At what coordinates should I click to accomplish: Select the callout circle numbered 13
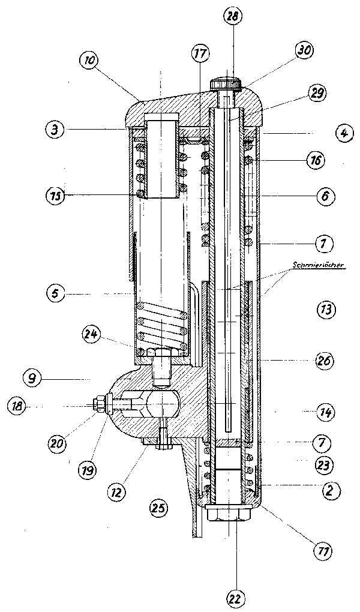326,310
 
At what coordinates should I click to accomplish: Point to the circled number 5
56,294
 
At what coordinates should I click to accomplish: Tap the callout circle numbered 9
35,379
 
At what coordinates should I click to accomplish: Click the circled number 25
159,508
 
